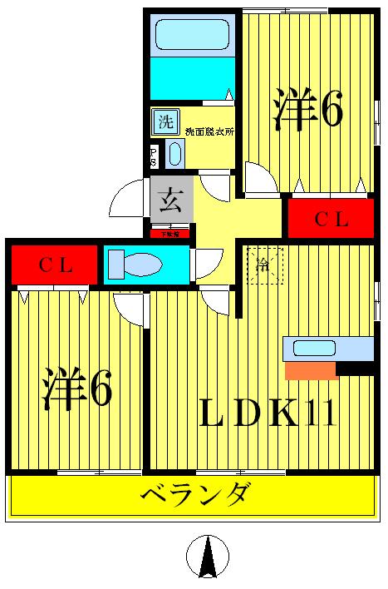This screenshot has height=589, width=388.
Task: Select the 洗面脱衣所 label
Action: click(209, 131)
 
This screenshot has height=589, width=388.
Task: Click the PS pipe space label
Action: click(154, 156)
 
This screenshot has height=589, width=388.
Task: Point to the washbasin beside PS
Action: click(174, 154)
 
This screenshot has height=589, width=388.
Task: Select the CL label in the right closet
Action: click(331, 220)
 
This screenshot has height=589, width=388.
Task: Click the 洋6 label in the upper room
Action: click(307, 111)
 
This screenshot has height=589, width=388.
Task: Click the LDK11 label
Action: click(267, 412)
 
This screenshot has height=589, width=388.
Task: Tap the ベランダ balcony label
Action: click(194, 497)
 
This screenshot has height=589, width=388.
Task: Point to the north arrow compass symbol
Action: click(207, 556)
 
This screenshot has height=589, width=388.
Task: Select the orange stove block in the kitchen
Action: click(310, 370)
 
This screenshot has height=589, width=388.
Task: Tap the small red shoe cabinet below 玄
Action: click(169, 235)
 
